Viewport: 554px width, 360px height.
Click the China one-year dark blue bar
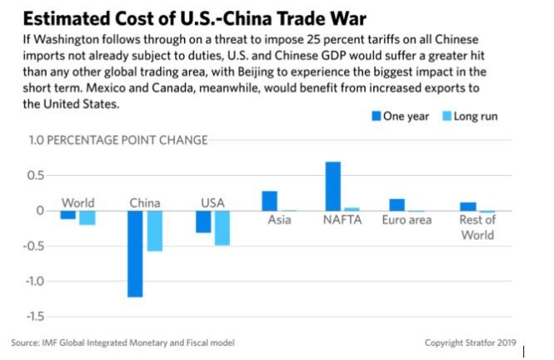click(135, 253)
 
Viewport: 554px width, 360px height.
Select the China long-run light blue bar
click(154, 231)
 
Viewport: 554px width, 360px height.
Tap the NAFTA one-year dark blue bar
click(333, 186)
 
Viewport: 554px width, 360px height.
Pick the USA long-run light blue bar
click(222, 227)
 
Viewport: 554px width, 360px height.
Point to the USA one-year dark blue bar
click(203, 222)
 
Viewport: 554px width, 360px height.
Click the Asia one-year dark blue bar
click(269, 201)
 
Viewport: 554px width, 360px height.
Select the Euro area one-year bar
click(397, 205)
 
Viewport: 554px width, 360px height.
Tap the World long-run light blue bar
click(87, 217)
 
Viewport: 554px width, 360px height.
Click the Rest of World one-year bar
click(468, 207)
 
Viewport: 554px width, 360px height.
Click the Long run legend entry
click(468, 116)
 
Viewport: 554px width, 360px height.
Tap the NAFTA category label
click(341, 220)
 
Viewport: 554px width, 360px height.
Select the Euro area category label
click(407, 220)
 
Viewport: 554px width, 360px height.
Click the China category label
click(145, 202)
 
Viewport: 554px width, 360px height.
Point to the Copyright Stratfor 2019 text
click(472, 342)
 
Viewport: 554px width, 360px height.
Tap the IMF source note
click(123, 342)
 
